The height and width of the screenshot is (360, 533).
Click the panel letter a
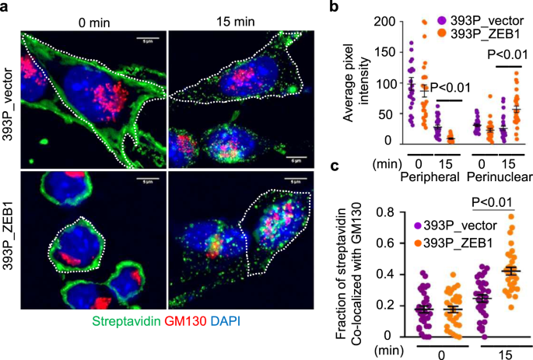pos(6,7)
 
